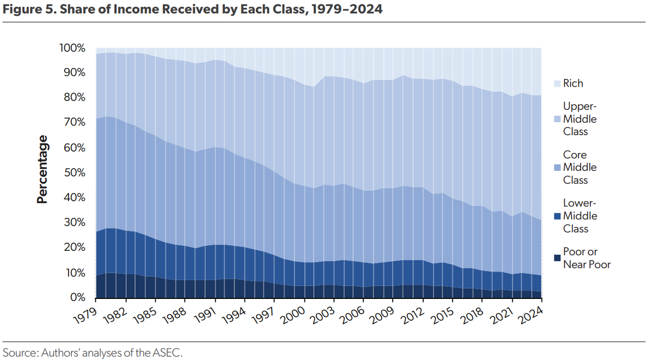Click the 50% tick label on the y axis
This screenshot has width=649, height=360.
(75, 172)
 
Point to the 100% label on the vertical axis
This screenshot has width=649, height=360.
(72, 48)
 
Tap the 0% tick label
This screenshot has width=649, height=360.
(78, 297)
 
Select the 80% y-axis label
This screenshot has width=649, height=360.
(75, 98)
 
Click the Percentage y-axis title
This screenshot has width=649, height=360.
(42, 169)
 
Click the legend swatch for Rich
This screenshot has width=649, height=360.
(557, 83)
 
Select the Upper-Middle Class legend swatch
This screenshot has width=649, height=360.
(557, 119)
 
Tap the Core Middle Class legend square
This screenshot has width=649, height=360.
(557, 168)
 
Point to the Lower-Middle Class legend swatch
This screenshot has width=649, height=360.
(557, 216)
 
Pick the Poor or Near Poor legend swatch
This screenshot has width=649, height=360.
(557, 258)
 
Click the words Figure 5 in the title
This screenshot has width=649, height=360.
(30, 9)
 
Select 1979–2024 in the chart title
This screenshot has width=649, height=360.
(347, 9)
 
